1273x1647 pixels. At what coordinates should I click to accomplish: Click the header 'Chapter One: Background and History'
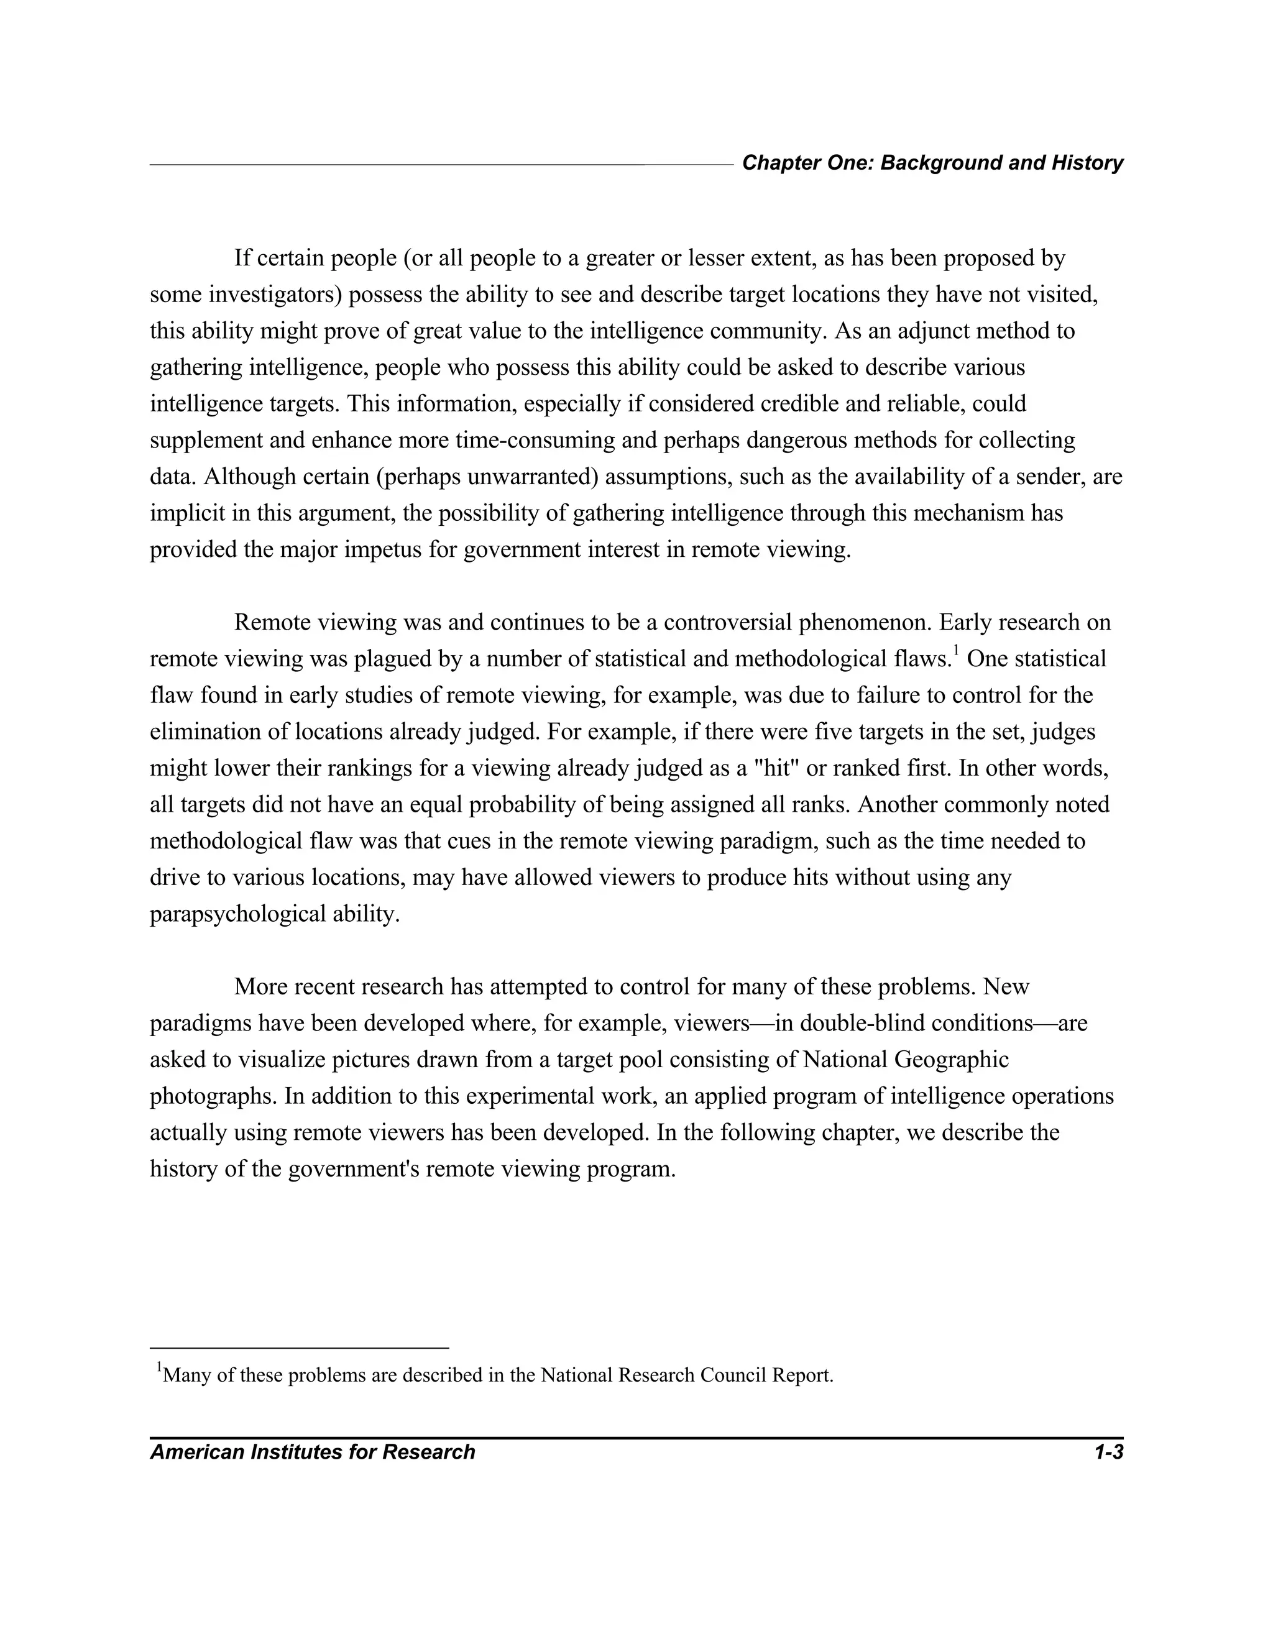coord(932,163)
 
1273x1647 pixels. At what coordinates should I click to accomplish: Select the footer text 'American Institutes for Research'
coord(312,1452)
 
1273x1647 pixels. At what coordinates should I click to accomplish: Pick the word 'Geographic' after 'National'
coord(952,1060)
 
